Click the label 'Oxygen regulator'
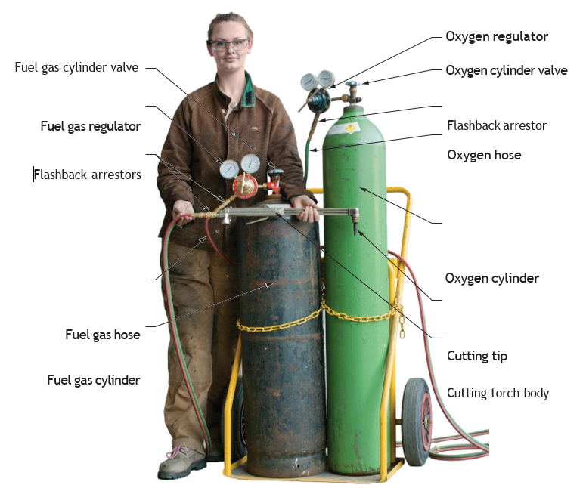[497, 36]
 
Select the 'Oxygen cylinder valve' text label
[507, 70]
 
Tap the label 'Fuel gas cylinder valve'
[76, 67]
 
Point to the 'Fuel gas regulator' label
[91, 126]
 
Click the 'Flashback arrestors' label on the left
[88, 175]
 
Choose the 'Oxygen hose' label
[484, 155]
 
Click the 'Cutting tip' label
[477, 356]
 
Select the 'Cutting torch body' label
[498, 393]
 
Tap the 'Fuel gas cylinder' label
[94, 380]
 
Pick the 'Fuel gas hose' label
[102, 335]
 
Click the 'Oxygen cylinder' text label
[491, 278]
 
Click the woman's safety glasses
[228, 45]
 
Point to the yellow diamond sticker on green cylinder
[351, 128]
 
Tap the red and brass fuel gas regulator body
[245, 186]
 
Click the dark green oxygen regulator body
[318, 100]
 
